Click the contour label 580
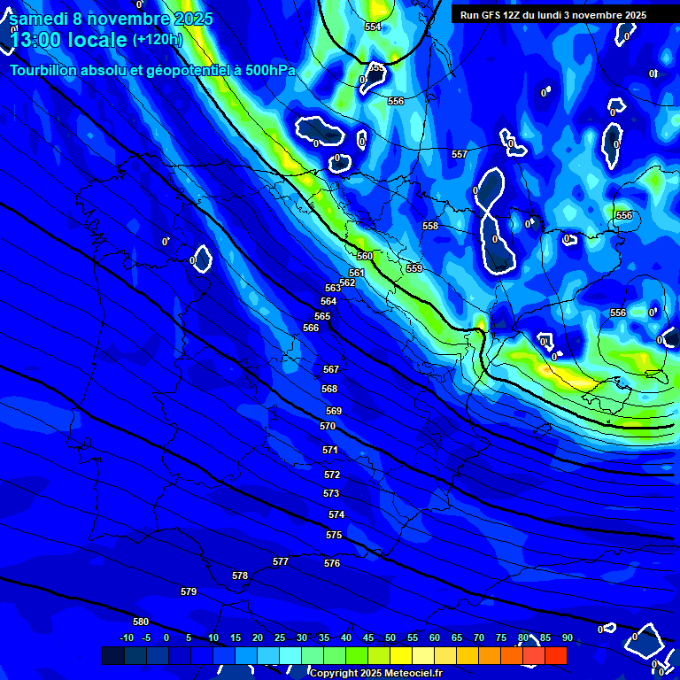(x=141, y=622)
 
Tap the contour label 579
(x=189, y=591)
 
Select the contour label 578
(x=240, y=576)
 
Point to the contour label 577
(x=281, y=561)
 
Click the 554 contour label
(x=373, y=27)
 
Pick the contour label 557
(x=459, y=155)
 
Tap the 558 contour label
(x=430, y=226)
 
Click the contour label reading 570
(x=328, y=426)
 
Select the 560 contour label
(x=365, y=256)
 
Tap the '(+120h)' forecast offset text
(x=157, y=39)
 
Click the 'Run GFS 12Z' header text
(x=491, y=15)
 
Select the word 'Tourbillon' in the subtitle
(x=47, y=71)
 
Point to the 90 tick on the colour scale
(x=567, y=637)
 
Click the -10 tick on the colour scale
(x=126, y=637)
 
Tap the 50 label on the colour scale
(x=390, y=637)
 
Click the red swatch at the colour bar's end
(x=555, y=655)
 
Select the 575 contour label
(x=334, y=536)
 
